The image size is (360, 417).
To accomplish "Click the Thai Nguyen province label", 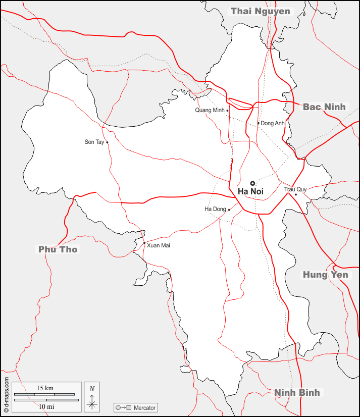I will click(261, 11).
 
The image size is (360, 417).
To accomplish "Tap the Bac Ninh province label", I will click(324, 107).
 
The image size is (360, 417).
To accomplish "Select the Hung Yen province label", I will click(325, 275).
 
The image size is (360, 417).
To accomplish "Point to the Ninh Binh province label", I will click(297, 392).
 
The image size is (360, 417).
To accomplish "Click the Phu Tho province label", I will click(58, 249).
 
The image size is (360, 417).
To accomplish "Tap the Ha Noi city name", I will click(250, 192).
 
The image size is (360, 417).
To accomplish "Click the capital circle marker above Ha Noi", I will click(252, 183).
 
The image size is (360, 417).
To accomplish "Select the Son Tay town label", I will click(94, 142).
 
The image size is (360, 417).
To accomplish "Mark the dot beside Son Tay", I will click(107, 142).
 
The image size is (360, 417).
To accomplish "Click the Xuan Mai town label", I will click(159, 245).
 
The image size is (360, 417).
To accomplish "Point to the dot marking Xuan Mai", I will click(144, 243).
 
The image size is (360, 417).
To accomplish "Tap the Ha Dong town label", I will click(215, 209).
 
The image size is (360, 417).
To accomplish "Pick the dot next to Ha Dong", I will click(229, 210).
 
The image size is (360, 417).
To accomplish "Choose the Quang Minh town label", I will click(210, 111).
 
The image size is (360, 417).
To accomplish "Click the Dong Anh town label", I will click(273, 123).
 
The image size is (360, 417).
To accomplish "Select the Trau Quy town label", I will click(295, 189).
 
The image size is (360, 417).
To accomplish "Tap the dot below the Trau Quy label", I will click(296, 194).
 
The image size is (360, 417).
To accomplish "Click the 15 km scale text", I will click(45, 388).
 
